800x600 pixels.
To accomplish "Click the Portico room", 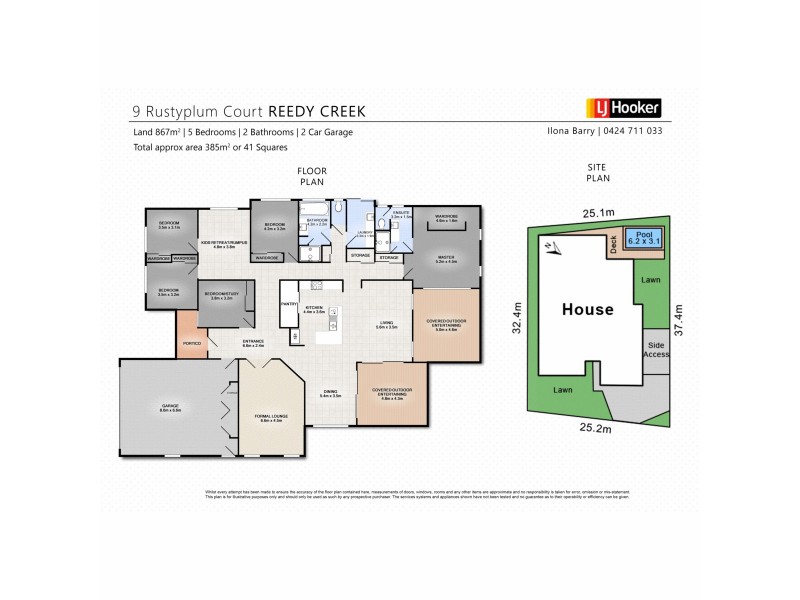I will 193,343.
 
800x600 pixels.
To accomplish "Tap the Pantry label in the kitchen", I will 291,303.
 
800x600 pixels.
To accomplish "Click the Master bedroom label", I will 445,258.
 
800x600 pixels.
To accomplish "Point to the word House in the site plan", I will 587,309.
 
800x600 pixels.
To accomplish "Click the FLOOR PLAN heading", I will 313,178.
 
